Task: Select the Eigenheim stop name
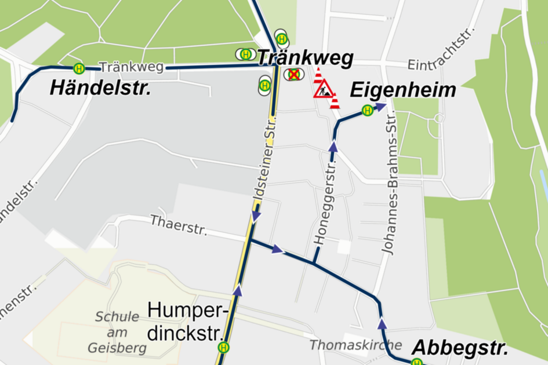coord(403,90)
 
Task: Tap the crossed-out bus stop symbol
coord(293,74)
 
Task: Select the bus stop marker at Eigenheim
coord(367,110)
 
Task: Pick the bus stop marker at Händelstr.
coord(79,68)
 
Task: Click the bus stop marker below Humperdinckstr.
coord(223,348)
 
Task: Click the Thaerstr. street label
coord(179,225)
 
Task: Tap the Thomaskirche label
coord(347,345)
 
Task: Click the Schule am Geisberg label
coord(117,333)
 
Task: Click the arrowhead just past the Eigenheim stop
coord(380,107)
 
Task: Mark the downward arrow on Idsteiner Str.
coord(256,216)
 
